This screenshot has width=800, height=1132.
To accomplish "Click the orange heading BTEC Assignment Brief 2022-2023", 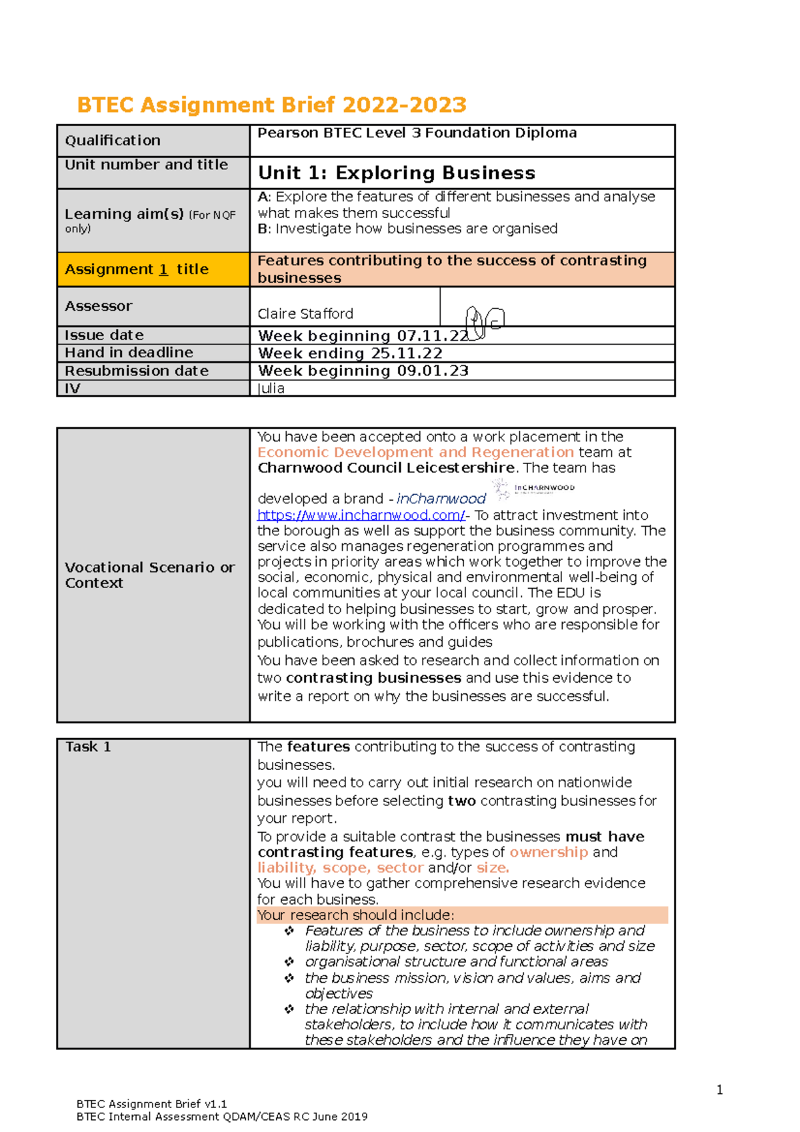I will pyautogui.click(x=271, y=105).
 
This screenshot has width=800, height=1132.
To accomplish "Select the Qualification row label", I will pyautogui.click(x=113, y=141).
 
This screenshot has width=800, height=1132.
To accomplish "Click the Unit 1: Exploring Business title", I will pyautogui.click(x=396, y=173).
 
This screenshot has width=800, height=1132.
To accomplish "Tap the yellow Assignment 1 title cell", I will pyautogui.click(x=153, y=269).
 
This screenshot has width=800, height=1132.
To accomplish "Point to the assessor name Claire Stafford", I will pyautogui.click(x=305, y=314).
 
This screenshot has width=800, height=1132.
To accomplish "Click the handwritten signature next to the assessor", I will pyautogui.click(x=484, y=322).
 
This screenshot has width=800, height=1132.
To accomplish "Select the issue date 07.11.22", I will pyautogui.click(x=433, y=336).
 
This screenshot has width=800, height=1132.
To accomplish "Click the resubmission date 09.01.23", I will pyautogui.click(x=433, y=371).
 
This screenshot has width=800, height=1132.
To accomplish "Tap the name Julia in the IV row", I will pyautogui.click(x=271, y=389).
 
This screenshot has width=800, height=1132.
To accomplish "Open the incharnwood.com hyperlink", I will pyautogui.click(x=361, y=515).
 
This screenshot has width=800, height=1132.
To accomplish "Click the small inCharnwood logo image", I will pyautogui.click(x=534, y=489).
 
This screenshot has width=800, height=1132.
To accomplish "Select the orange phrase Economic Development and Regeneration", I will pyautogui.click(x=415, y=452).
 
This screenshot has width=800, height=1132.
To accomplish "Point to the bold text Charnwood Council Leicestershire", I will pyautogui.click(x=385, y=468).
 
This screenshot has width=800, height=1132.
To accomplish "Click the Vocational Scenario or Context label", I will pyautogui.click(x=149, y=575).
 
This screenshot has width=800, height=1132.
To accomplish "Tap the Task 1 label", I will pyautogui.click(x=88, y=747).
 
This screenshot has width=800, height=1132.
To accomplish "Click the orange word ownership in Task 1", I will pyautogui.click(x=549, y=853).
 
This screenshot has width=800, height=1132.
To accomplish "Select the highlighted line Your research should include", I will pyautogui.click(x=355, y=915).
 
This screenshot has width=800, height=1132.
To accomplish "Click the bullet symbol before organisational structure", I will pyautogui.click(x=289, y=962).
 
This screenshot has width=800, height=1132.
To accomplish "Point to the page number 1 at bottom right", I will pyautogui.click(x=719, y=1090).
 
